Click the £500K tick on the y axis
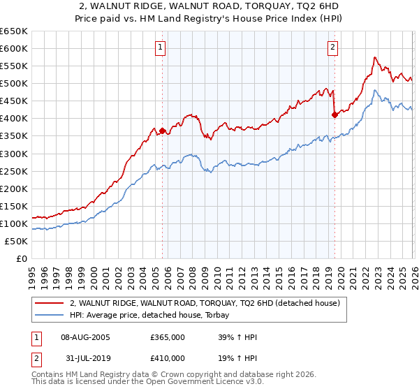(14, 83)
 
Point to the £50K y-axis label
(16, 241)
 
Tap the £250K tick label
(14, 171)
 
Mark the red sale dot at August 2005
(163, 131)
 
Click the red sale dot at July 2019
(335, 115)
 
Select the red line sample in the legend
(49, 304)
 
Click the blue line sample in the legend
(49, 315)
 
